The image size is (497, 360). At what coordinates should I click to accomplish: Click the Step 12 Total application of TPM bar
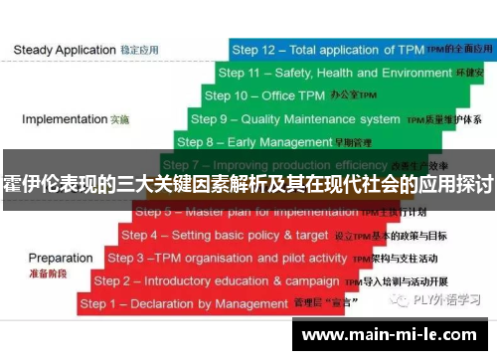point(358,48)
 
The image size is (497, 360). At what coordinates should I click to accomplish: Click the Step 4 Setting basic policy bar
point(278,236)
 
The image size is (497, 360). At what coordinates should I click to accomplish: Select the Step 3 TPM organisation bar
point(268,258)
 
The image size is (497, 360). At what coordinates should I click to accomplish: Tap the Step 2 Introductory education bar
point(258,280)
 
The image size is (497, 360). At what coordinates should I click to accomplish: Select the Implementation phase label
point(65,119)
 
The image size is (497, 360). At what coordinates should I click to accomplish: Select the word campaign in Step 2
point(312,280)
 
